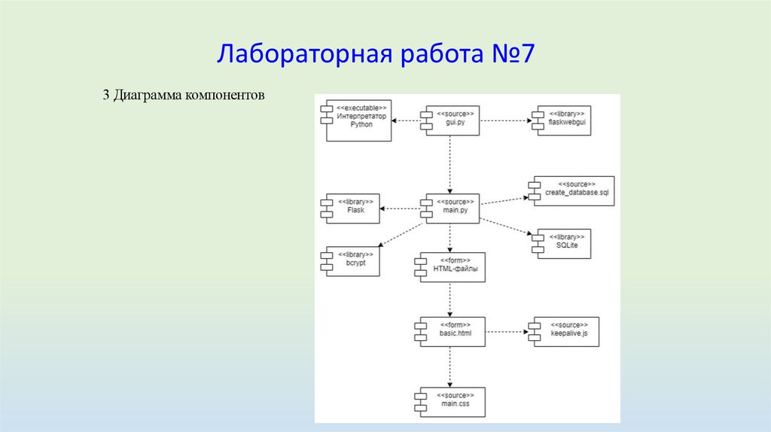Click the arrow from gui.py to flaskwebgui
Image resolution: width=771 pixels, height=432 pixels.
(504, 120)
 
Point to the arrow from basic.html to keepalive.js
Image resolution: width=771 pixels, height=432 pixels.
(505, 330)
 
